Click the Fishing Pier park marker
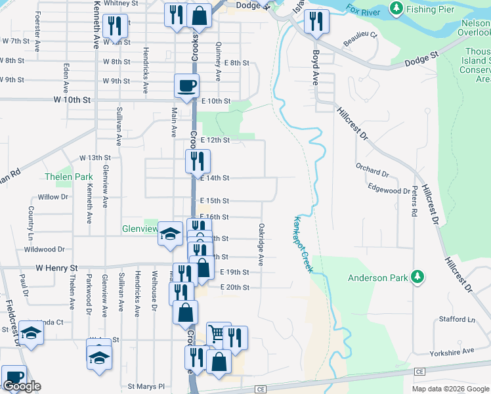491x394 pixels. pos(396,9)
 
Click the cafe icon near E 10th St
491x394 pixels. pos(186,85)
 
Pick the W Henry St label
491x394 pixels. pos(56,268)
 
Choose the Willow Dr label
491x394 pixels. pos(53,197)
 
